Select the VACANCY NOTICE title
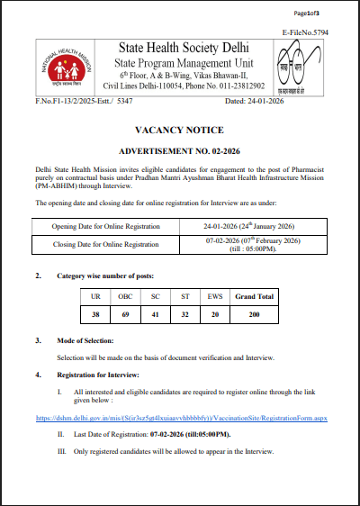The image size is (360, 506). pos(179,130)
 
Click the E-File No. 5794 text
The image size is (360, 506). pos(307,31)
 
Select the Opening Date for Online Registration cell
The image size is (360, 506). pos(105,225)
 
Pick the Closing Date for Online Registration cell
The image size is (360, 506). pos(104,244)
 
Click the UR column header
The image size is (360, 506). pos(95,295)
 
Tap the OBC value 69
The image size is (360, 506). pos(125,314)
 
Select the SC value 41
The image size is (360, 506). pos(155,314)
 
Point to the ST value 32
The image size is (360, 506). pos(184,314)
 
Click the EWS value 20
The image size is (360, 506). pos(213,314)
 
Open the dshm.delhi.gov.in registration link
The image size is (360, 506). pos(180,419)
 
